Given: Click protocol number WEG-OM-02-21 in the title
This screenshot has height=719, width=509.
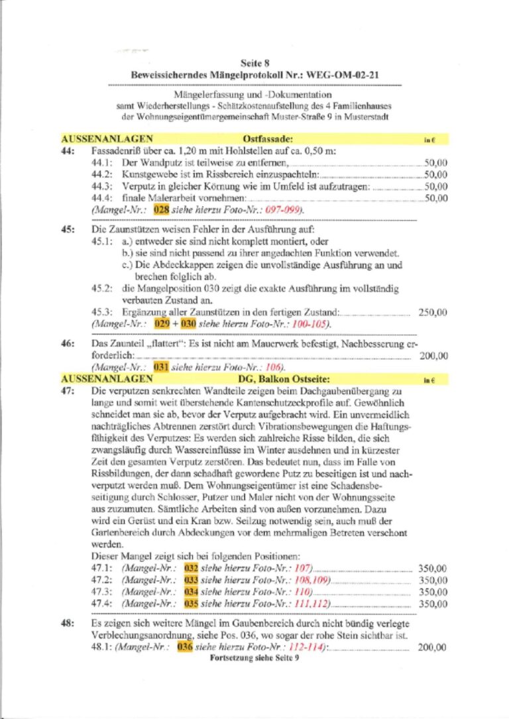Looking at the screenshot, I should click(345, 76).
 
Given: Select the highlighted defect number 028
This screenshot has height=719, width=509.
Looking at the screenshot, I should click(161, 209).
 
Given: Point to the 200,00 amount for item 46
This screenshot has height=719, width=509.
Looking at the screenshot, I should click(434, 356).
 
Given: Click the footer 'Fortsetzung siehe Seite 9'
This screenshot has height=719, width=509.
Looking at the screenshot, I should click(254, 659).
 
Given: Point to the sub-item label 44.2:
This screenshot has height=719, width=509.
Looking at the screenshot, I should click(103, 174).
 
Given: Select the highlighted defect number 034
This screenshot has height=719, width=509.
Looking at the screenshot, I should click(191, 592).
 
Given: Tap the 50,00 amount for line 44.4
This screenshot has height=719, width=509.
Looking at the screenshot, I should click(436, 198).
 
